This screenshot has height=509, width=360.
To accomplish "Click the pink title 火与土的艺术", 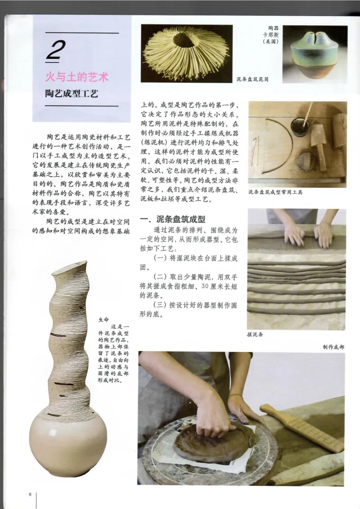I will pyautogui.click(x=77, y=77).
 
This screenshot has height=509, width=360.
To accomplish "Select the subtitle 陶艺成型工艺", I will pyautogui.click(x=71, y=94).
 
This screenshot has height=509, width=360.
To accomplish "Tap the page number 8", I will pyautogui.click(x=30, y=494).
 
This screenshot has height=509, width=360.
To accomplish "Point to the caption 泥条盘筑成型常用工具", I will pyautogui.click(x=275, y=192).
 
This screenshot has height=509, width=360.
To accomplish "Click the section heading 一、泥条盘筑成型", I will pyautogui.click(x=173, y=219).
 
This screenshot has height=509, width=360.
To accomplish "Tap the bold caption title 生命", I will pyautogui.click(x=103, y=320).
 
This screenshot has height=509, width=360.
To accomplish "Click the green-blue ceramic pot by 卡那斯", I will pyautogui.click(x=315, y=54).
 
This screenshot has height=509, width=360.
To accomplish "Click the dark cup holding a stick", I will pyautogui.click(x=300, y=127).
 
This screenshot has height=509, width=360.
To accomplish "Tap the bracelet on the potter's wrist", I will pyautogui.click(x=236, y=396).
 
